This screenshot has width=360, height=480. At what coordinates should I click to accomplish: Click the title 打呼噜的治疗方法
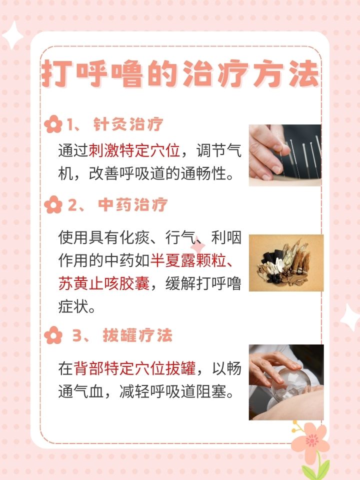point(180,74)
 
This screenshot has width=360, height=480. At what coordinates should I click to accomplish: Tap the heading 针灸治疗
point(128,124)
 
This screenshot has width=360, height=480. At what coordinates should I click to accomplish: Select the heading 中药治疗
point(132,205)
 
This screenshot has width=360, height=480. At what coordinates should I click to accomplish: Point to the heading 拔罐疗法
point(137,335)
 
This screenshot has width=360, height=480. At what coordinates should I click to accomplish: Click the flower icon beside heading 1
point(53,124)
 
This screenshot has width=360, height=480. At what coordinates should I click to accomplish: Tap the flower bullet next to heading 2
point(53,205)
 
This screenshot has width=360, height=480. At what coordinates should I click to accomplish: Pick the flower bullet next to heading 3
point(53,335)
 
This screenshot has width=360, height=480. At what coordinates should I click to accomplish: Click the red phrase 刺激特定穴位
point(134,150)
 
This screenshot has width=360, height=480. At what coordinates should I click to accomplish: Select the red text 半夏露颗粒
point(188,260)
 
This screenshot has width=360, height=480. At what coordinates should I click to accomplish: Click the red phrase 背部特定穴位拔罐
point(134,368)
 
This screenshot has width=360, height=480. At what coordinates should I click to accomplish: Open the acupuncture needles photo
point(285,155)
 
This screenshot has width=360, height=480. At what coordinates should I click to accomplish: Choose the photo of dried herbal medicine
point(286,262)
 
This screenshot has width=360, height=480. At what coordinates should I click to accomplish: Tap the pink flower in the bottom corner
point(310,440)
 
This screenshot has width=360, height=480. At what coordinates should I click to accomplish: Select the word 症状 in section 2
point(73,306)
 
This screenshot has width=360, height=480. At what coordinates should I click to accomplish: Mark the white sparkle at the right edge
point(350,317)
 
